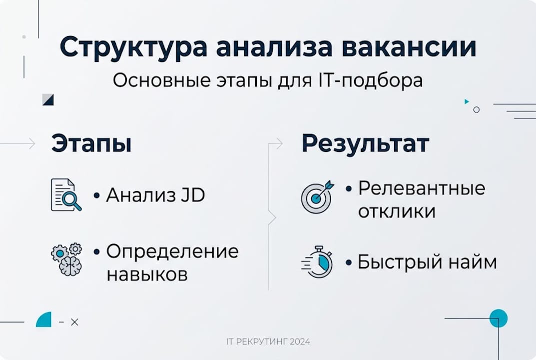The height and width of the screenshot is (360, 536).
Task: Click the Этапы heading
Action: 91,144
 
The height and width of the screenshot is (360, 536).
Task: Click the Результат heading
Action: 365,144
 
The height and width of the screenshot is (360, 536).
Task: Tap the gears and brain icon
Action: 66,259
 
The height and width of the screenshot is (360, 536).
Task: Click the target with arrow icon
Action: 316,196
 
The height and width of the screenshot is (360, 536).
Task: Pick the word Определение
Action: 172,251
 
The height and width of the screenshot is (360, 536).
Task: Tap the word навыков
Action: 147,274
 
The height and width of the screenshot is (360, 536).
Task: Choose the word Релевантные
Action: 422,188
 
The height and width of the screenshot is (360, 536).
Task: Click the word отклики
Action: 397,211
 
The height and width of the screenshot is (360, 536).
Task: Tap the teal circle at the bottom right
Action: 498,318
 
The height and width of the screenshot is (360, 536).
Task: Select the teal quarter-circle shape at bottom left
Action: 44,319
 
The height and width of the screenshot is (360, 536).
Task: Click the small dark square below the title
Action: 48,99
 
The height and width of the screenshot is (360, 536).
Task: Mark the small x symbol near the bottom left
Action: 75,322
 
